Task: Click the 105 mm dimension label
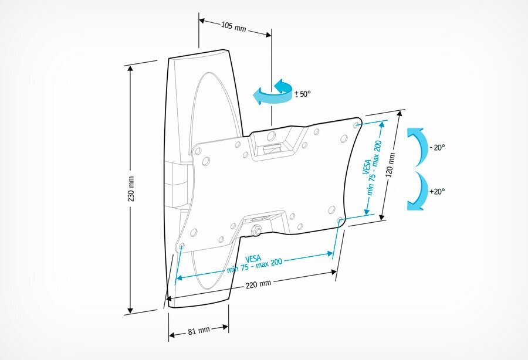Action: (233, 26)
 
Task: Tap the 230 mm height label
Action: (132, 189)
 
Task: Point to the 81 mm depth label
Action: (199, 331)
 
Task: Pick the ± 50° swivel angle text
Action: (302, 93)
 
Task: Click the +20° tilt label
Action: (437, 192)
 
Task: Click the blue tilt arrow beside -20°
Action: (417, 147)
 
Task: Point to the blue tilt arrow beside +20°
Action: (417, 191)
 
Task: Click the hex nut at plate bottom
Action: (256, 230)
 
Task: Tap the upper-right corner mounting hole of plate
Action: (357, 125)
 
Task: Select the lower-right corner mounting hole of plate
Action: (340, 220)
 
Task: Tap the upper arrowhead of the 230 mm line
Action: (131, 67)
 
